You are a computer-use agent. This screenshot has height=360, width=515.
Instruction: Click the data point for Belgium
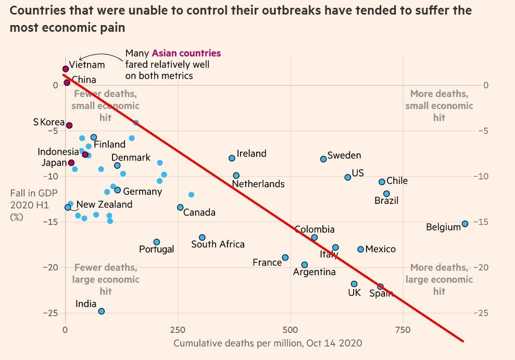[465, 224]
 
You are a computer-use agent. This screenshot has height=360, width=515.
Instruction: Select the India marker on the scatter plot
[102, 311]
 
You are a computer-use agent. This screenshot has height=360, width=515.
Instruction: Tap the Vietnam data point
[66, 69]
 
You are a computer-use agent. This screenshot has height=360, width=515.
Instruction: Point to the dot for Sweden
[323, 159]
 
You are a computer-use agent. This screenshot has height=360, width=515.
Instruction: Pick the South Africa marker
[202, 238]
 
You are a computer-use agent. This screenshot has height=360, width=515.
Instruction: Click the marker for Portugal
[157, 242]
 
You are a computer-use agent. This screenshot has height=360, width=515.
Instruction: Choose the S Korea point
[69, 126]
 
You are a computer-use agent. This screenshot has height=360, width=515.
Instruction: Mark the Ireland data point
[232, 158]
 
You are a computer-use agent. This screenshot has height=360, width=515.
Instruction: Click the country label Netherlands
[258, 184]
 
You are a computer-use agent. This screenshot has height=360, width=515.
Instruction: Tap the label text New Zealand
[104, 205]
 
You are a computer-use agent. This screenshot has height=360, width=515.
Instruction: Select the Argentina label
[315, 272]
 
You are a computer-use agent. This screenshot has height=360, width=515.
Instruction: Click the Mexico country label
[380, 249]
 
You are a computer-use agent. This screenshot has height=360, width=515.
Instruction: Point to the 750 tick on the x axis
[403, 330]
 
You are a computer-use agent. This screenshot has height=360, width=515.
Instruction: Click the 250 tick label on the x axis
[178, 330]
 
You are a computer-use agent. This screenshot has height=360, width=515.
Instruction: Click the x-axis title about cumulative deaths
[268, 343]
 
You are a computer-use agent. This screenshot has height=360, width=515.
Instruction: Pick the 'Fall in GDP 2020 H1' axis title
[30, 205]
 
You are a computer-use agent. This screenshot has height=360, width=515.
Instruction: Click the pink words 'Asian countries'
[186, 53]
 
